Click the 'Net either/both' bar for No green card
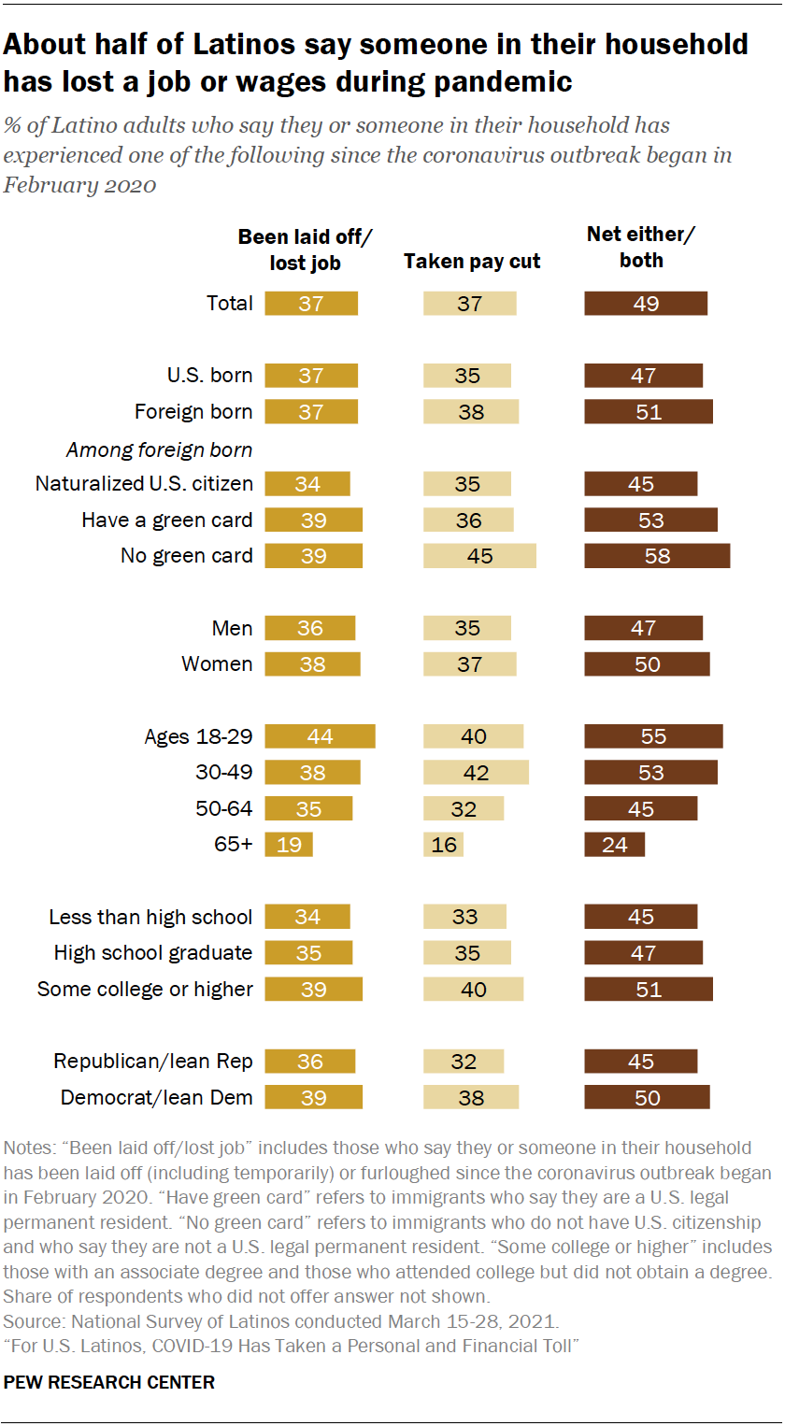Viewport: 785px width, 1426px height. pyautogui.click(x=657, y=556)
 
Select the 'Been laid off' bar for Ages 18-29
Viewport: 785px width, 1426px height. pyautogui.click(x=320, y=736)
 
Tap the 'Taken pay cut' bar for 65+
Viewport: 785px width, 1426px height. pyautogui.click(x=443, y=845)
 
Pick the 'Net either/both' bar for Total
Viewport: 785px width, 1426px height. pyautogui.click(x=646, y=304)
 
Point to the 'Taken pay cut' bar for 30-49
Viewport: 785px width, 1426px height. pyautogui.click(x=476, y=773)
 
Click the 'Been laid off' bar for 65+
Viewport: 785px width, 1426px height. pyautogui.click(x=289, y=845)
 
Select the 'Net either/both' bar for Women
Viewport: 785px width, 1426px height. pyautogui.click(x=647, y=664)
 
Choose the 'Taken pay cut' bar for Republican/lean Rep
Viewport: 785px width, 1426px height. pyautogui.click(x=464, y=1062)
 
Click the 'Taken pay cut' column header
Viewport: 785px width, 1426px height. pyautogui.click(x=472, y=262)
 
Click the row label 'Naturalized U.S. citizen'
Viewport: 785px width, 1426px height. pyautogui.click(x=144, y=483)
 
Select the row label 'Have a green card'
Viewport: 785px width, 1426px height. pyautogui.click(x=167, y=520)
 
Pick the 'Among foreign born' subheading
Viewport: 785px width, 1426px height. pyautogui.click(x=159, y=450)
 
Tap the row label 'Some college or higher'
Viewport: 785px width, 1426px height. pyautogui.click(x=145, y=990)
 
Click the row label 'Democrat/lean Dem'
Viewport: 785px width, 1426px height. pyautogui.click(x=157, y=1098)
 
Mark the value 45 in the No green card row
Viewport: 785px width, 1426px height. pyautogui.click(x=479, y=556)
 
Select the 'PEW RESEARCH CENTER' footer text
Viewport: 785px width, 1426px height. pyautogui.click(x=109, y=1382)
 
